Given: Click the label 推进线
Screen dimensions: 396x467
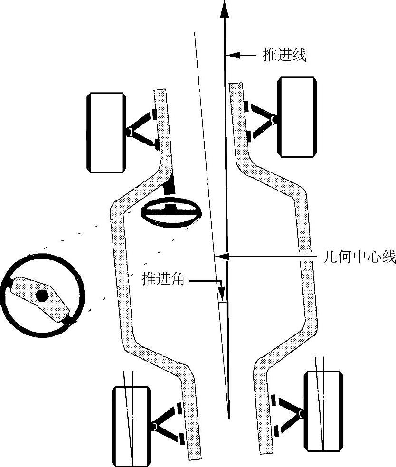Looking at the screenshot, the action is point(284,55).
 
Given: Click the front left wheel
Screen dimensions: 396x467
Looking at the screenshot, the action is point(106,133).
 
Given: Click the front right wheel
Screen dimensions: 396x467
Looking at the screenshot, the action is point(297,117).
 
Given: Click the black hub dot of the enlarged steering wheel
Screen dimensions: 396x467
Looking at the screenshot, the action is point(42,295).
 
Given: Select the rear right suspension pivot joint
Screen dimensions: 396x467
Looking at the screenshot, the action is point(300,415).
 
